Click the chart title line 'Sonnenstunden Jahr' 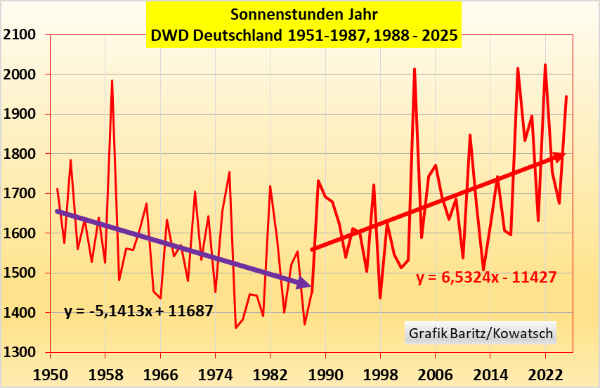pos(304,13)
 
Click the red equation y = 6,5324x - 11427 pos(486,278)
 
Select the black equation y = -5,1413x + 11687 pos(139,311)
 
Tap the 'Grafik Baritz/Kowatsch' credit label pos(480,332)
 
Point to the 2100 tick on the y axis pos(20,34)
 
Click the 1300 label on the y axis pos(20,353)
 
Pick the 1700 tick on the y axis pos(20,193)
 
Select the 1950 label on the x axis pos(51,372)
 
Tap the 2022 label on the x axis pos(545,372)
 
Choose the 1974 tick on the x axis pos(216,372)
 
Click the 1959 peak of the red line pos(112,81)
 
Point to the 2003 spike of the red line pos(415,69)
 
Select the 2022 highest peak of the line pos(545,65)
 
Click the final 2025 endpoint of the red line pos(566,96)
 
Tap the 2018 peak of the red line pos(518,68)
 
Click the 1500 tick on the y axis pos(20,273)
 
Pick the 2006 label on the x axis pos(436,372)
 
